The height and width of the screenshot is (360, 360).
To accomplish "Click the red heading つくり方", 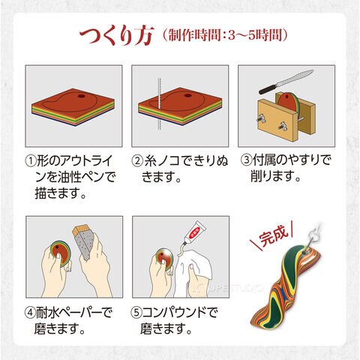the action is point(116,35).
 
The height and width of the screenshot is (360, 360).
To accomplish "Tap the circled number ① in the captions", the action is point(31,160).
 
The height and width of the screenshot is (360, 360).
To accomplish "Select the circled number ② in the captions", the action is point(137,160).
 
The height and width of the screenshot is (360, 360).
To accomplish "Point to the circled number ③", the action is point(246,160).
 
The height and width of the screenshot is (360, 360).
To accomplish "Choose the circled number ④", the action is point(30,313).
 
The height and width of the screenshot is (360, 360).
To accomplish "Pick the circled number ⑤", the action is point(136,313).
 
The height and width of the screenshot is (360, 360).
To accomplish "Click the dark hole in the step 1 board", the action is point(81,96).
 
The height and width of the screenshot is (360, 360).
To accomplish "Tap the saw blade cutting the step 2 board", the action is point(159,104).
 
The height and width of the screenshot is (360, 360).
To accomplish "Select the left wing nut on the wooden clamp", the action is point(260,118).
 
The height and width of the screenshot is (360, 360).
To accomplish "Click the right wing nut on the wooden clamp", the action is point(282,125).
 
